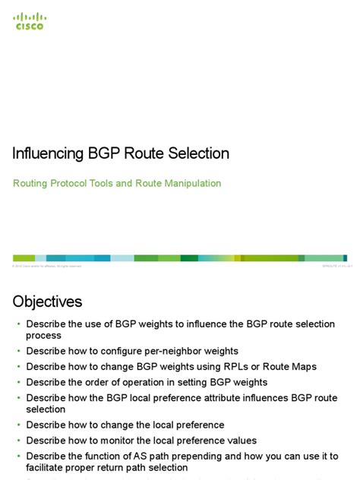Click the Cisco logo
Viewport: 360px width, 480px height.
click(30, 21)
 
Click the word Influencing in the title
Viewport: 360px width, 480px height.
click(47, 153)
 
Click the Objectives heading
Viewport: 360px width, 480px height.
click(47, 302)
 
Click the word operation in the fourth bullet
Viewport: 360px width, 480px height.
click(151, 382)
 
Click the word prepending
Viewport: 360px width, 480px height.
click(216, 456)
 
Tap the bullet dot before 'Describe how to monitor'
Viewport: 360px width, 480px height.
click(19, 441)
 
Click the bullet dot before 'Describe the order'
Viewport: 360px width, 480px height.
click(19, 382)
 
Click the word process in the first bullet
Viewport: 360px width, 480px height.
click(44, 335)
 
